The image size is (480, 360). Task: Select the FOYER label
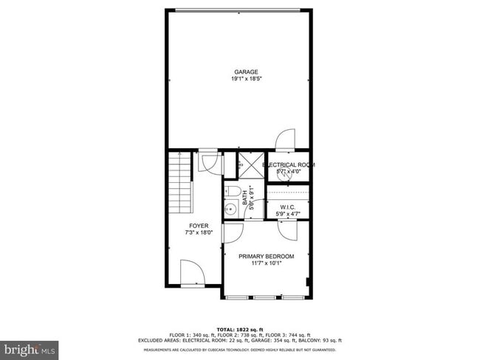(198, 226)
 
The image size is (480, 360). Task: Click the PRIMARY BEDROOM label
(266, 257)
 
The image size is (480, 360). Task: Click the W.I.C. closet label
(287, 207)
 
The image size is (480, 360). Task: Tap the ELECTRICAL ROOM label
(289, 165)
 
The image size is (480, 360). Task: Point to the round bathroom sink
(231, 209)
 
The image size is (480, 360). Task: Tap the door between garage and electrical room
(284, 141)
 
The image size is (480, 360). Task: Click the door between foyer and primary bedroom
(231, 234)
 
